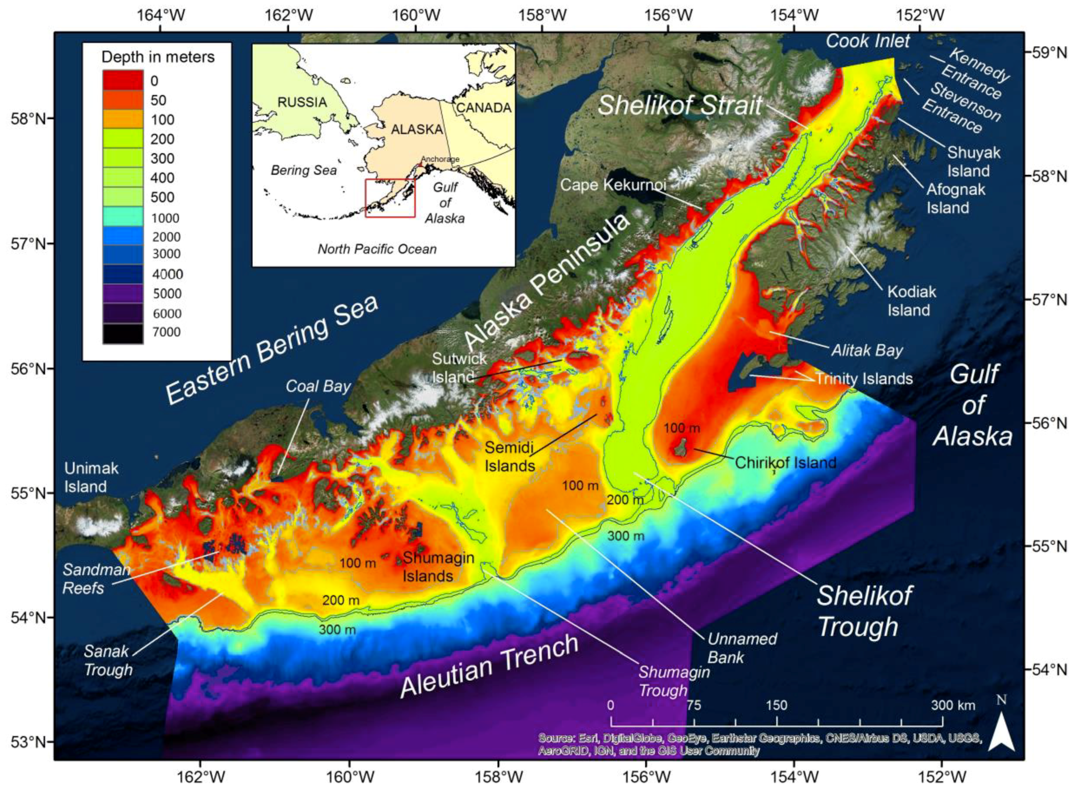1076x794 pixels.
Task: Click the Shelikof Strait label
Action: coord(679,105)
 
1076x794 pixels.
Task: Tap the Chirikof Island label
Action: coord(785,462)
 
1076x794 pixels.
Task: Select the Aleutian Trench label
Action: coord(489,665)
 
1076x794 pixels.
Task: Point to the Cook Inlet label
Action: coord(867,41)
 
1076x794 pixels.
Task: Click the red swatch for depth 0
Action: coord(123,80)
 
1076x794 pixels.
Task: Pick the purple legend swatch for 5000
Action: coord(123,293)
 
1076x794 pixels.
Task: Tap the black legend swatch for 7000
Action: coord(123,333)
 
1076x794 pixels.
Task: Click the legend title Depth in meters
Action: coord(158,57)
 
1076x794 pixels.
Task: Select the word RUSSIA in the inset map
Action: coord(302,102)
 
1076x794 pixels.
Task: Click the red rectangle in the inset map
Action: coord(390,198)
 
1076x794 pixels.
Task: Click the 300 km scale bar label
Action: coord(953,706)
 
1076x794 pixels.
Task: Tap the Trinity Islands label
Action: coord(863,379)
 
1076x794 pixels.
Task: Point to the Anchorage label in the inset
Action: coord(440,159)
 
